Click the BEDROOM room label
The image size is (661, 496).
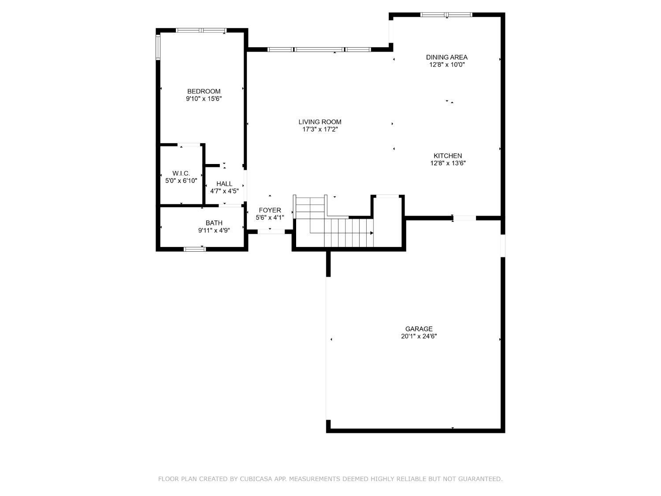pos(204,91)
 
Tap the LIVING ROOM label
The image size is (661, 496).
pos(320,122)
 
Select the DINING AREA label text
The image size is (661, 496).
pos(446,57)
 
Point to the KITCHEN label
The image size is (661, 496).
pos(448,156)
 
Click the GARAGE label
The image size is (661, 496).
pos(419,328)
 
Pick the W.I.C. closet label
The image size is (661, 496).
pos(181,173)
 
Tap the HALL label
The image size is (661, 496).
pos(224,184)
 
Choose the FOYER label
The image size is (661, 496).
pos(270,210)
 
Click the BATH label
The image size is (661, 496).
pos(214,223)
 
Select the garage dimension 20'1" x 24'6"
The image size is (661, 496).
pos(419,336)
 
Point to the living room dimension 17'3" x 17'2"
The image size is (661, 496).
pos(320,130)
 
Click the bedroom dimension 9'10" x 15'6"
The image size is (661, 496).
pos(204,99)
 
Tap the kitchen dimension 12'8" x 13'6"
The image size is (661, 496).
pos(448,163)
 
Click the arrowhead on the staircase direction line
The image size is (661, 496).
pos(371,233)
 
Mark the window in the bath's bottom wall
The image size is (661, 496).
pos(194,249)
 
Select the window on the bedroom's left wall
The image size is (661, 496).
pos(158,47)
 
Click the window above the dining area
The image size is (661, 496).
pos(446,15)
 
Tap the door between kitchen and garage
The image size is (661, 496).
pos(464,218)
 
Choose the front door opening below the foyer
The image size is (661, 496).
pos(271,231)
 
